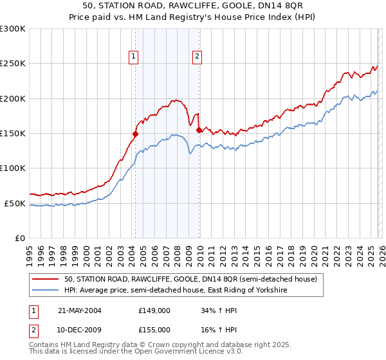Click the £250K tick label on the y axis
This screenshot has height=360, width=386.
coord(13,64)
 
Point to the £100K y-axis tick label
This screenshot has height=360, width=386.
coord(13,168)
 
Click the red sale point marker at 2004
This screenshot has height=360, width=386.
coord(136,134)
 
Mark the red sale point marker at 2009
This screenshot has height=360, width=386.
coord(199,130)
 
